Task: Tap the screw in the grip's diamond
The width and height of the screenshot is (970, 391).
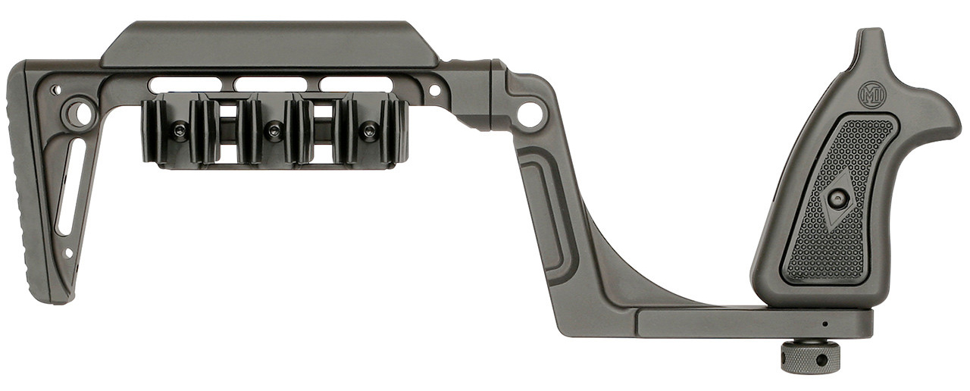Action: [x=838, y=199]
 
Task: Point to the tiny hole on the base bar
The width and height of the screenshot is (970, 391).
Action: [x=824, y=324]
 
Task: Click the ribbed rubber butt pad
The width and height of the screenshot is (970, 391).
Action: [x=26, y=182]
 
